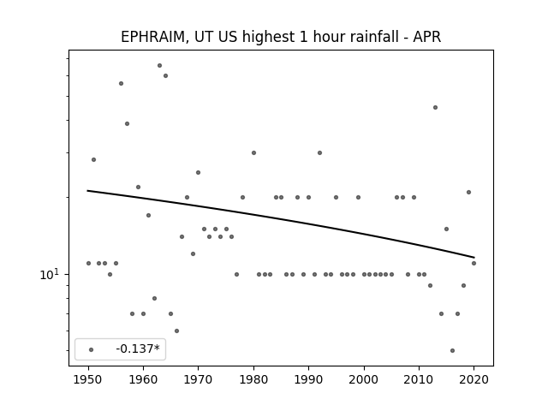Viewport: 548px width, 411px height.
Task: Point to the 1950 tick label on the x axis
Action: pyautogui.click(x=88, y=379)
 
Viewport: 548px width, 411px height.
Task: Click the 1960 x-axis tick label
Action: pyautogui.click(x=143, y=379)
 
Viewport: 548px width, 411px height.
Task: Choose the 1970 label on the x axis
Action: pyautogui.click(x=198, y=379)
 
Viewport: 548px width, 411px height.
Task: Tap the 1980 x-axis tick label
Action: pyautogui.click(x=253, y=379)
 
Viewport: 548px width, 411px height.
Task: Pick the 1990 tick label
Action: pyautogui.click(x=308, y=379)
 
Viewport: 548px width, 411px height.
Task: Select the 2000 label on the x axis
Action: pyautogui.click(x=364, y=379)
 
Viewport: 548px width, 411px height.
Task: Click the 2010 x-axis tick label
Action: pyautogui.click(x=419, y=379)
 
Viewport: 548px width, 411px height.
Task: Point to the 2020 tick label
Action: pyautogui.click(x=474, y=379)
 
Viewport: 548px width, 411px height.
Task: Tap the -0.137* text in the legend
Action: pyautogui.click(x=138, y=348)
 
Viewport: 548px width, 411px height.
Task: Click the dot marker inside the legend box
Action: pyautogui.click(x=92, y=349)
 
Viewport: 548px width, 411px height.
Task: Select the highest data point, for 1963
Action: pyautogui.click(x=160, y=65)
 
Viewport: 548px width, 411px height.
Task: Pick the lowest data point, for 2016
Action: pyautogui.click(x=452, y=350)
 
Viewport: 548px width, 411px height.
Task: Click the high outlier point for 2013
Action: pyautogui.click(x=435, y=107)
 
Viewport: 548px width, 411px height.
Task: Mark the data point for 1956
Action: pyautogui.click(x=121, y=84)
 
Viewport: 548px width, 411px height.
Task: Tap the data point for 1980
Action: pyautogui.click(x=253, y=152)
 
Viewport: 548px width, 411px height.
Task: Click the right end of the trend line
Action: pyautogui.click(x=474, y=258)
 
